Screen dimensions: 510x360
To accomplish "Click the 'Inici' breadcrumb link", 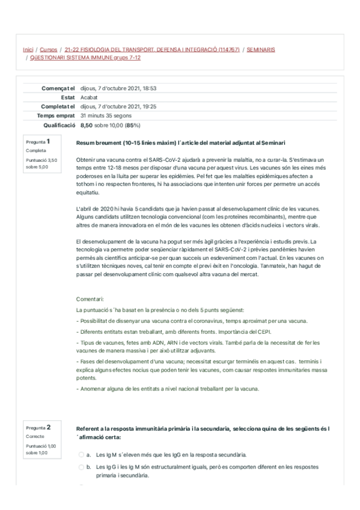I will click(28, 49).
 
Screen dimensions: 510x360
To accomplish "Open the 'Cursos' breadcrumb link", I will click(48, 49).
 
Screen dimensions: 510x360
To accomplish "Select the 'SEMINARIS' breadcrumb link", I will click(261, 49).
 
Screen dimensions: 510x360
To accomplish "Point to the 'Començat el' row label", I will click(58, 88).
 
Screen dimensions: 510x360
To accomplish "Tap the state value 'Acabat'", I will click(89, 97).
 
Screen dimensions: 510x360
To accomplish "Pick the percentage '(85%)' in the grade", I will click(133, 125).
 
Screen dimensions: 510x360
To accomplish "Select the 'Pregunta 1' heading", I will click(38, 142).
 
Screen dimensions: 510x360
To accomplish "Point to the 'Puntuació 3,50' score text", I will click(41, 160).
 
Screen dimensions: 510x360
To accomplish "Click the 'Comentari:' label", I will click(90, 299).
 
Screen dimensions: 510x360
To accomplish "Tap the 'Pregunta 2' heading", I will click(38, 428).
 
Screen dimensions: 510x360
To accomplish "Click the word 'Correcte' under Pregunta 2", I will click(35, 437).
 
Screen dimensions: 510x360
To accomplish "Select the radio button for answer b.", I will click(81, 467).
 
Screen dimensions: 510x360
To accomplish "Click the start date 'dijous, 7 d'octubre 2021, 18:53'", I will click(118, 88).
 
